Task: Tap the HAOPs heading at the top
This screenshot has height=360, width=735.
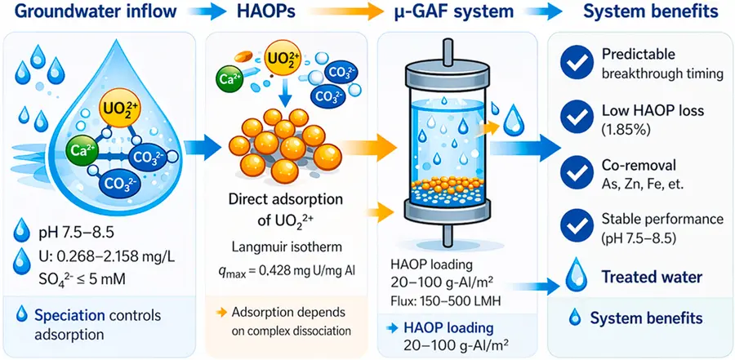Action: point(265,11)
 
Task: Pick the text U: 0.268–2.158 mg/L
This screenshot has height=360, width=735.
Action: point(100,257)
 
